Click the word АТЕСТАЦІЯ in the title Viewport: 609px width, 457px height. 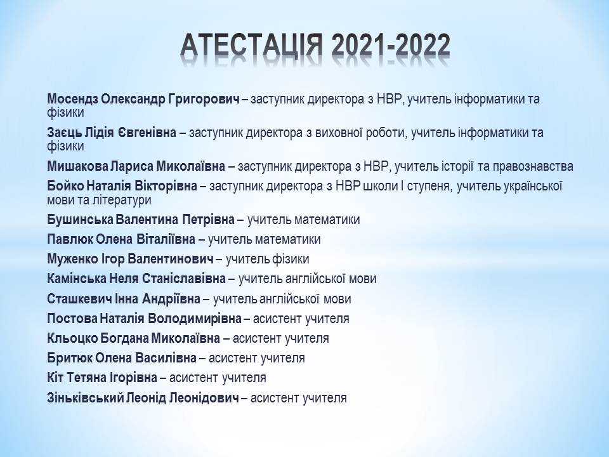tap(251, 45)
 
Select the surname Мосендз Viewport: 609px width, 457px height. tap(72, 100)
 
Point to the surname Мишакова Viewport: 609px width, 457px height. tap(77, 167)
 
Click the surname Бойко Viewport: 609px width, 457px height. tap(65, 187)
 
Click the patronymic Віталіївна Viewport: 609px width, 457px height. tap(166, 239)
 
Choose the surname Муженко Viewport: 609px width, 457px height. tap(72, 259)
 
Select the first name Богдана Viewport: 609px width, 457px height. tap(124, 339)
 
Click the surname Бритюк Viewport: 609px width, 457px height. tap(70, 358)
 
